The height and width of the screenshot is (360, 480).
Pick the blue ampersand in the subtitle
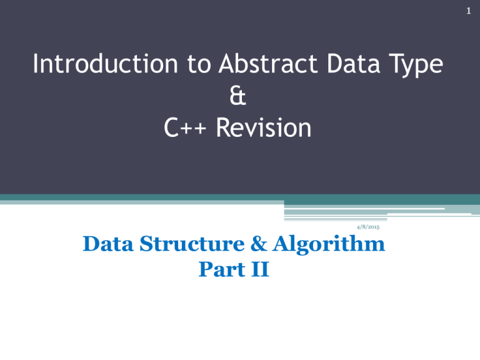point(259,244)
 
